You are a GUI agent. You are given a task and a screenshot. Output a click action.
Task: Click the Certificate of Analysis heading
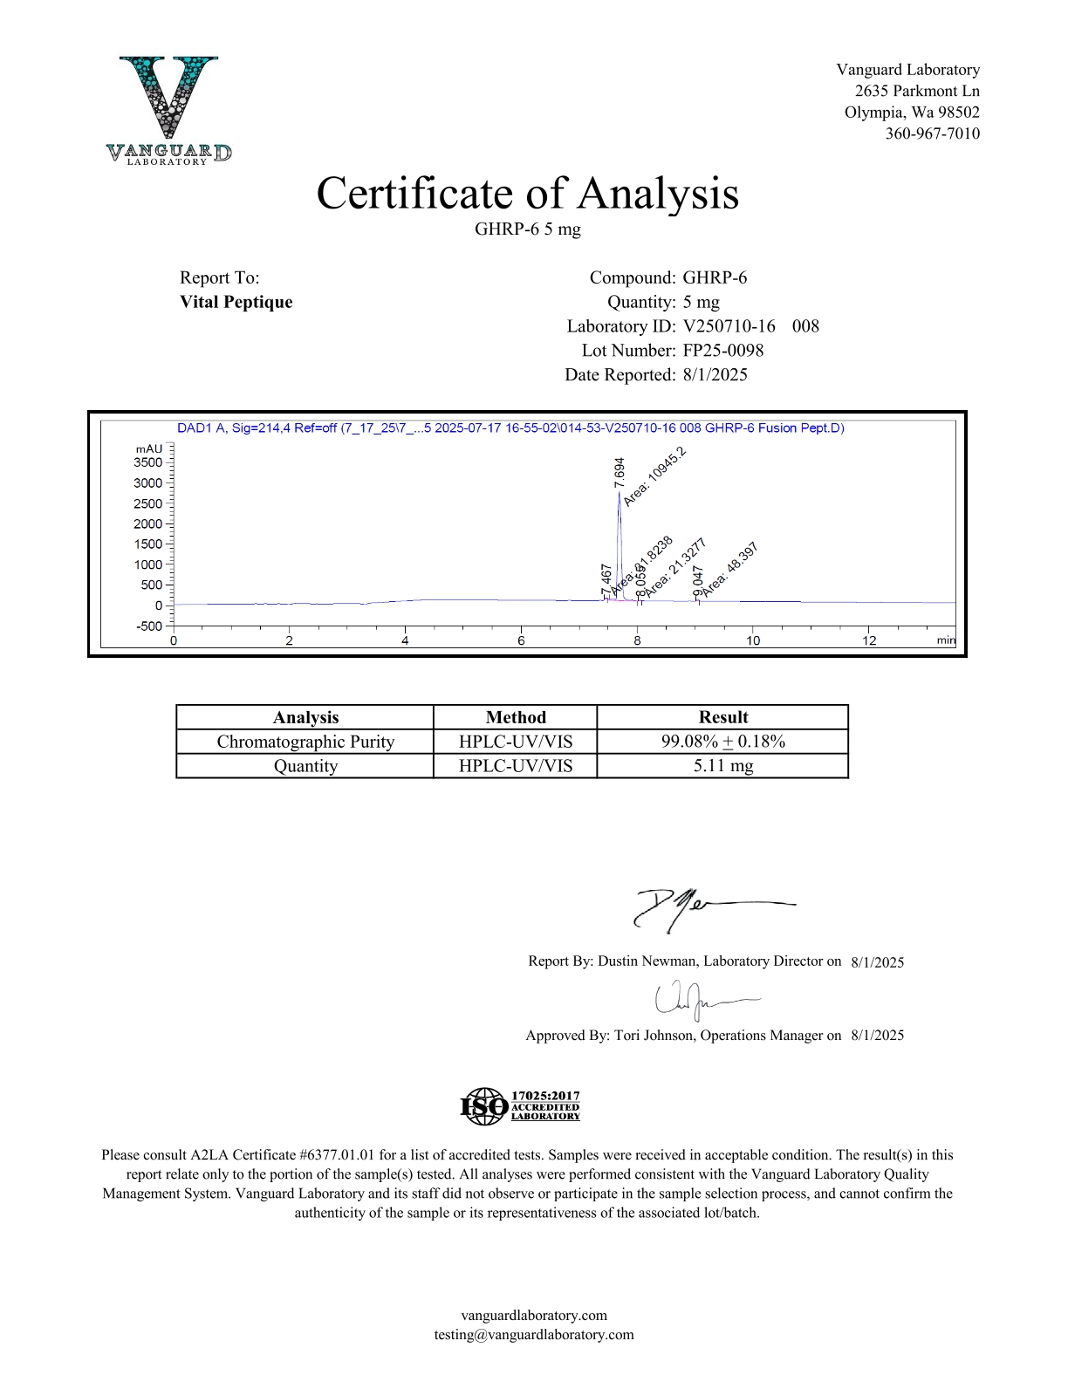pyautogui.click(x=527, y=194)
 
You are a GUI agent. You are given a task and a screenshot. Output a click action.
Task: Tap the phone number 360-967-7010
pyautogui.click(x=932, y=133)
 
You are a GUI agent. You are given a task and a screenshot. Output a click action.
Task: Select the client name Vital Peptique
pyautogui.click(x=236, y=302)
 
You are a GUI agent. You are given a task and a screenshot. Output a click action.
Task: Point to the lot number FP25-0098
pyautogui.click(x=722, y=351)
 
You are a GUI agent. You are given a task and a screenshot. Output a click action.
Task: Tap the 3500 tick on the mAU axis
pyautogui.click(x=148, y=462)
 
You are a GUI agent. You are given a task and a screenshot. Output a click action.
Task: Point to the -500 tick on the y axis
pyautogui.click(x=149, y=626)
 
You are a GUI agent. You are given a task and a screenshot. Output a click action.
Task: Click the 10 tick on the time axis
pyautogui.click(x=752, y=640)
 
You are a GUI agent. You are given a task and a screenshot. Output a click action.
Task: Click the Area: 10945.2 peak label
pyautogui.click(x=654, y=476)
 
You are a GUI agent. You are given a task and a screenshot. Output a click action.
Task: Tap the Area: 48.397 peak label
pyautogui.click(x=730, y=569)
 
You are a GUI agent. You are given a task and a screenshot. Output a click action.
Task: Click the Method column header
pyautogui.click(x=516, y=717)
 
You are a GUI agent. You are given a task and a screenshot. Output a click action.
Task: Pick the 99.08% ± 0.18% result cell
pyautogui.click(x=722, y=742)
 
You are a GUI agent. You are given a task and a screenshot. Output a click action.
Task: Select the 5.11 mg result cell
pyautogui.click(x=722, y=766)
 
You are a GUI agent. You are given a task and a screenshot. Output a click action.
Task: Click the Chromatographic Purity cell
pyautogui.click(x=305, y=742)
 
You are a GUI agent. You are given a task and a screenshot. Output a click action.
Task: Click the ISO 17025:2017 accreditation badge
pyautogui.click(x=520, y=1106)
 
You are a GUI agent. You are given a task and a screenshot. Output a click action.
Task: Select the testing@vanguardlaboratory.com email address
pyautogui.click(x=534, y=1334)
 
